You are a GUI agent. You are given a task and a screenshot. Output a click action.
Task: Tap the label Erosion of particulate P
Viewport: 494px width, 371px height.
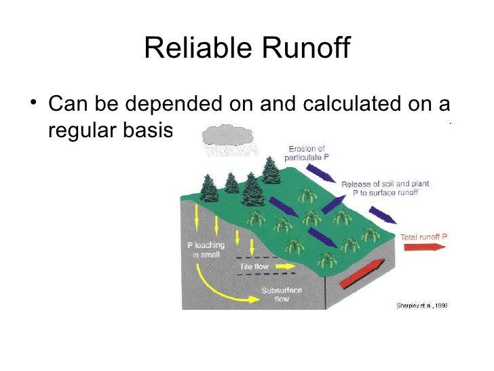307,152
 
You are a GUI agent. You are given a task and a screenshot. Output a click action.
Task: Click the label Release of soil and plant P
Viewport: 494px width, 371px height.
385,188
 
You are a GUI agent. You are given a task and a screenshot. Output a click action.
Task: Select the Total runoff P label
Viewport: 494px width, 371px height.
424,236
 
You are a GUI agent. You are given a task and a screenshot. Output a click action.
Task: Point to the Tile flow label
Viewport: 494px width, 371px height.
254,267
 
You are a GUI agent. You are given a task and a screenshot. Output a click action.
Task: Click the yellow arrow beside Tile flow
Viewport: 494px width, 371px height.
284,267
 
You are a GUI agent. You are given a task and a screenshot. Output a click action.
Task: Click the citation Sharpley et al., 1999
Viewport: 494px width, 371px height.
421,305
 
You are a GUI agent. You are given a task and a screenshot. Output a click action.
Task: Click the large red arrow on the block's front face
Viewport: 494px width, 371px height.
362,270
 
